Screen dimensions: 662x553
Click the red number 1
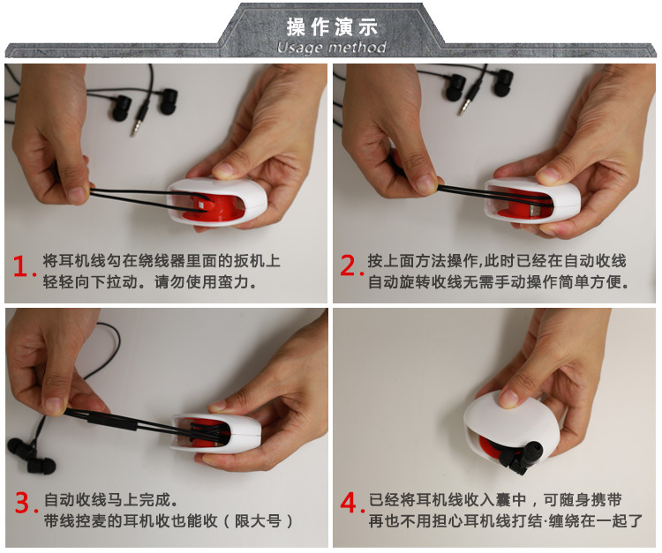[x=21, y=266]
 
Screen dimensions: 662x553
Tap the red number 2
[x=350, y=265]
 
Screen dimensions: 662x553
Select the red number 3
[x=25, y=502]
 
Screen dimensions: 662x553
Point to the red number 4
[x=350, y=503]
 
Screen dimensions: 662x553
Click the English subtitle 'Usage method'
[x=331, y=48]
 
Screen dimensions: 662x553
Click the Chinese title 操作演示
[x=331, y=27]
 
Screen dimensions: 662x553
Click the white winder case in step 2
[x=532, y=201]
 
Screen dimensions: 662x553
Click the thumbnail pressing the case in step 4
[x=509, y=398]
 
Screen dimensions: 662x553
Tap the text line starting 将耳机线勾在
[x=162, y=261]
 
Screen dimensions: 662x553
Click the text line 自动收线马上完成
[x=111, y=500]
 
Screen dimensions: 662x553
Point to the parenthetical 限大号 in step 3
[x=258, y=521]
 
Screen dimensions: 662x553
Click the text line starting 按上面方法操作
[x=497, y=261]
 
